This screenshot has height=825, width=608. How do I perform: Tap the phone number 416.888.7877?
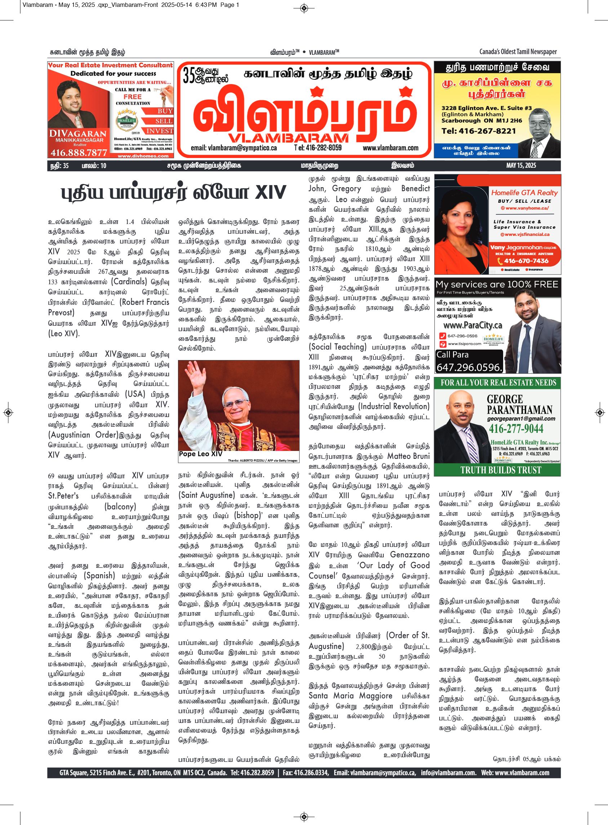79,153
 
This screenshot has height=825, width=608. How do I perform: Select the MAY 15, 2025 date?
521,166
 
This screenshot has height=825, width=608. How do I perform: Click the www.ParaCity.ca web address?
472,325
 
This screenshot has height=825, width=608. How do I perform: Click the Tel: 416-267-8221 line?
479,131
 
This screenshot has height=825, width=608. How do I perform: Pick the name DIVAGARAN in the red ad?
73,133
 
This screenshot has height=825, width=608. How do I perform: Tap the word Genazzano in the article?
410,555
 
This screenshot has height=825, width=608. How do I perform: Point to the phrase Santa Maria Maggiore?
350,696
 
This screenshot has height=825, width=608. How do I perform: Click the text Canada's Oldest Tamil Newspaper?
518,52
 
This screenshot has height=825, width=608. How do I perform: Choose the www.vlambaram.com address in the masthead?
390,148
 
